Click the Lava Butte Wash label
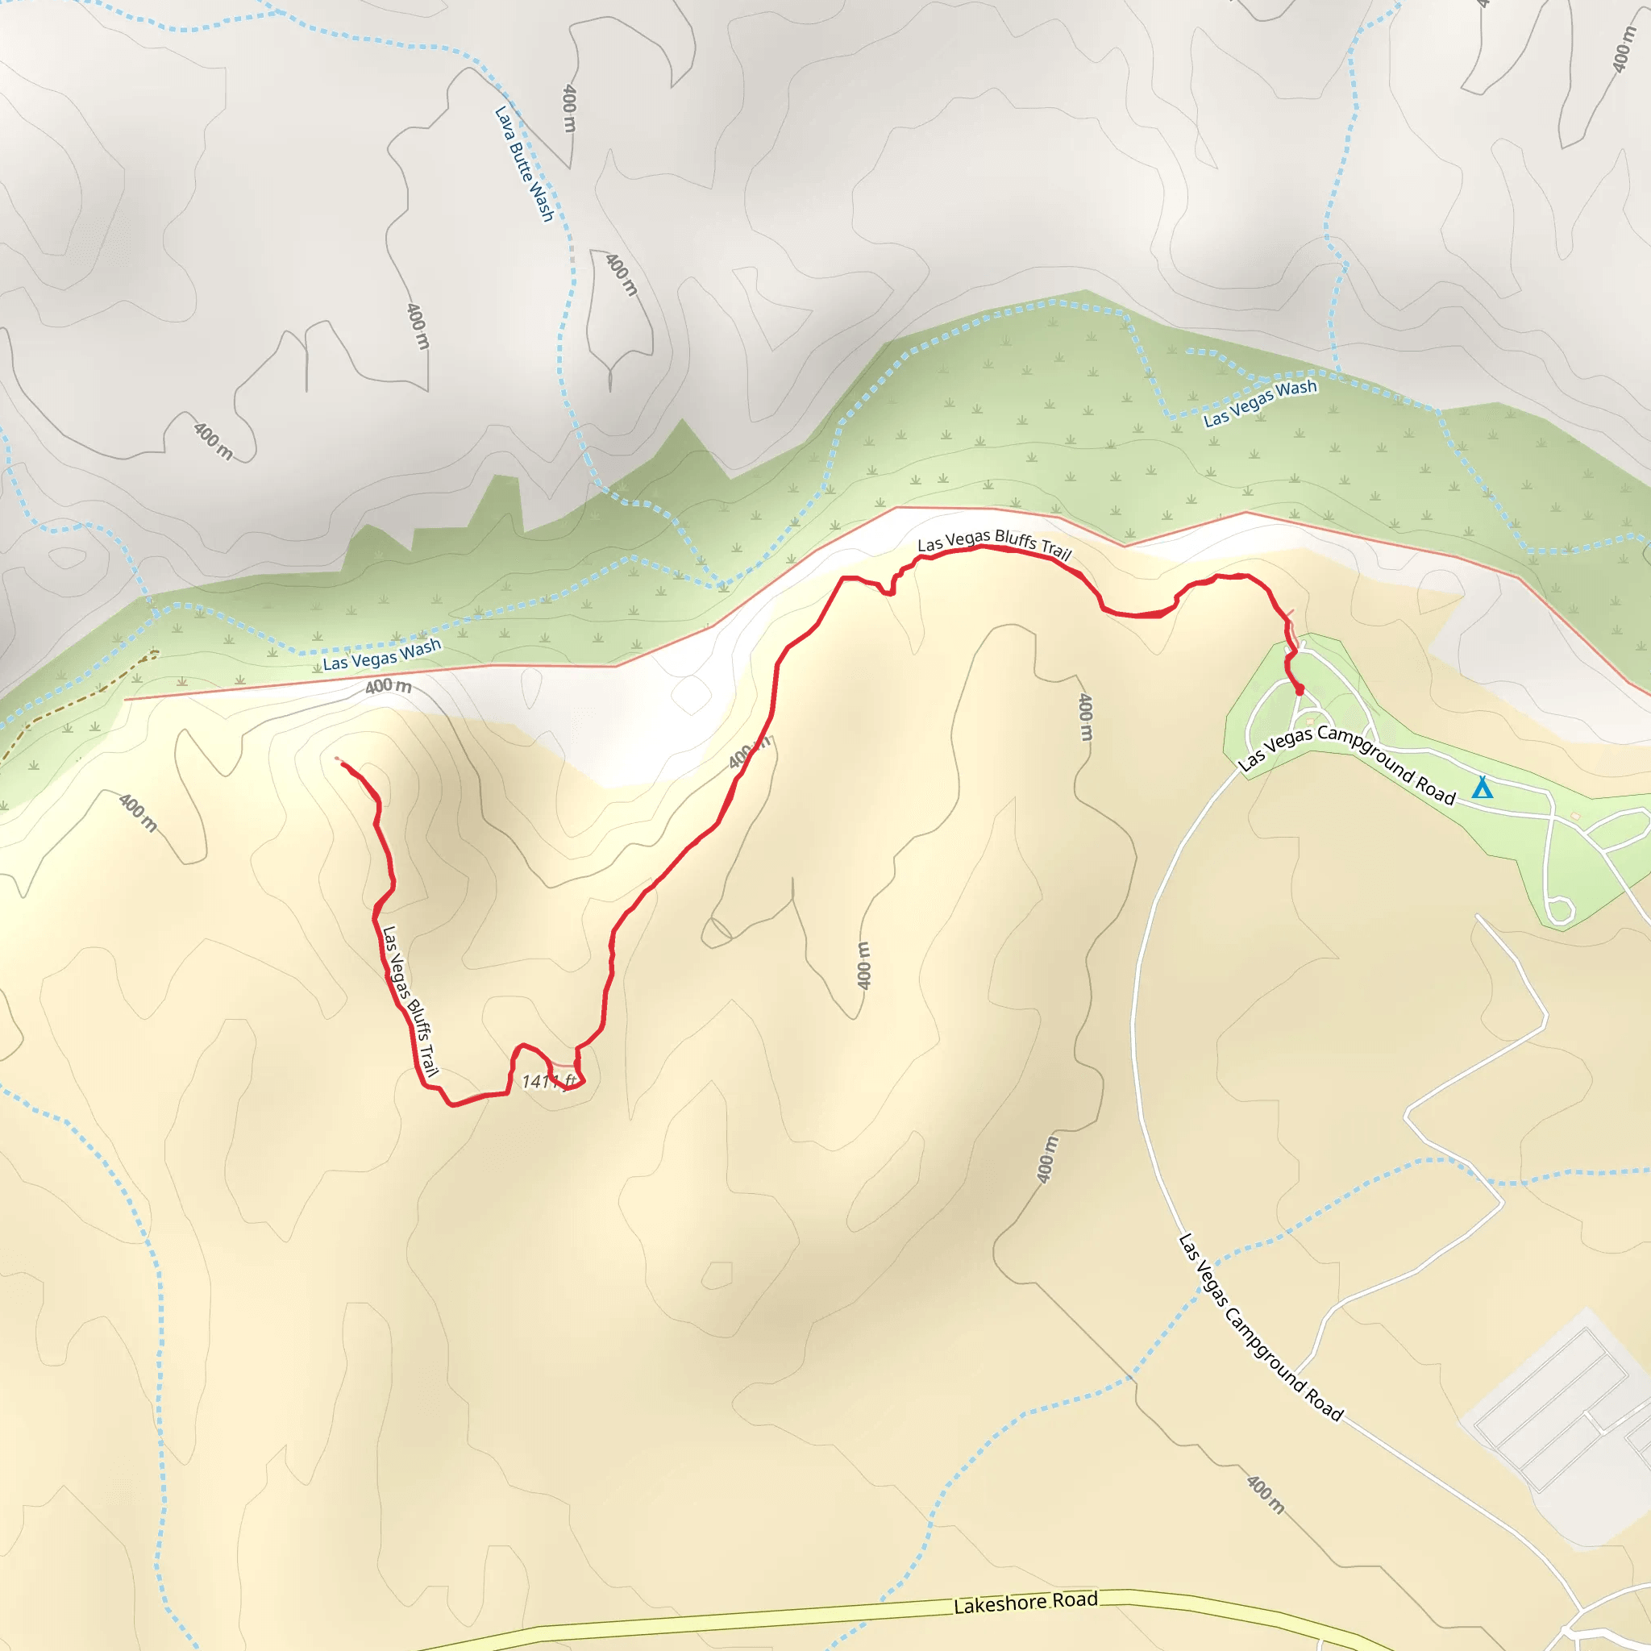coord(525,163)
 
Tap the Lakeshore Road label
coord(1025,1603)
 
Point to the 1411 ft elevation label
coord(549,1082)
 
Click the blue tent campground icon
coord(1483,788)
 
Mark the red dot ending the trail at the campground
coord(1300,689)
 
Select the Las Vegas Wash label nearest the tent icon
coord(1261,402)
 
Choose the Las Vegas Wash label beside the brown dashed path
coord(382,655)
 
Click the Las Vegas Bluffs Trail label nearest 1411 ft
coord(410,1000)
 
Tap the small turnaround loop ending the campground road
coord(1561,910)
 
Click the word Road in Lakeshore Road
coord(1075,1599)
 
